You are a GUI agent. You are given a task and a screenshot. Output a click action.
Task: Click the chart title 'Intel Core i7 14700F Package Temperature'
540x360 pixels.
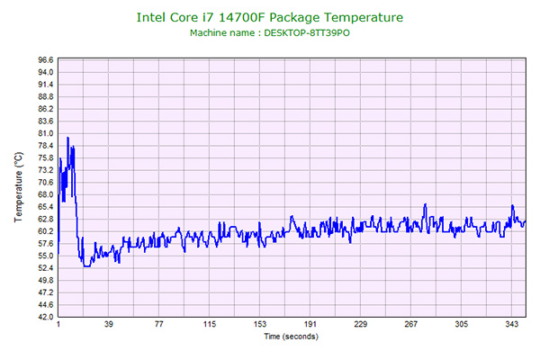[x=269, y=16]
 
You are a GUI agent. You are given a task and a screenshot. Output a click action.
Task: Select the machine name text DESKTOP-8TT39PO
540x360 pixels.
[x=301, y=33]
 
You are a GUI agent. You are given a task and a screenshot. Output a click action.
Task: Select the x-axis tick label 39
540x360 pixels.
[x=109, y=325]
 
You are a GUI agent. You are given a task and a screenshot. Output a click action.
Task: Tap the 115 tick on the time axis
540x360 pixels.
[x=210, y=325]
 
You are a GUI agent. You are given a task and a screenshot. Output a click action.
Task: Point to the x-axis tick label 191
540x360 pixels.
[x=310, y=325]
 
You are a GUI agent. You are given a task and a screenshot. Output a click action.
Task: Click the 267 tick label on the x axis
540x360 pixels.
[x=411, y=325]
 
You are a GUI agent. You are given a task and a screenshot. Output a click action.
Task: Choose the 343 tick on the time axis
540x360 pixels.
[x=512, y=325]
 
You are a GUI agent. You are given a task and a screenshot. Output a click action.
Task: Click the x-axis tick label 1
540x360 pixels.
[x=58, y=325]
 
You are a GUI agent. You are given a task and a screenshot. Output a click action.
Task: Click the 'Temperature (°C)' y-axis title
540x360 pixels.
[x=19, y=187]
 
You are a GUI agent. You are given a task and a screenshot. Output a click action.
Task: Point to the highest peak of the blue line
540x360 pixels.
[x=67, y=138]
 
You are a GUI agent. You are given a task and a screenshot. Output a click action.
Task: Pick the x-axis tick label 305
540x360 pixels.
[x=462, y=325]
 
